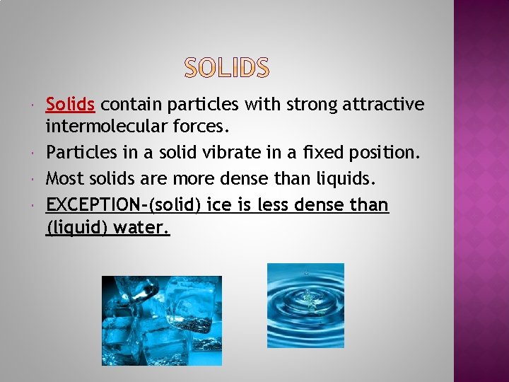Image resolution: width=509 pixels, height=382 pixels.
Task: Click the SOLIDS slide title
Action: pos(227,68)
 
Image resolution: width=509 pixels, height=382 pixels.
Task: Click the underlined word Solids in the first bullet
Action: pos(70,105)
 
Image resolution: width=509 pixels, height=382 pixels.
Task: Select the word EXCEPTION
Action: pos(93,205)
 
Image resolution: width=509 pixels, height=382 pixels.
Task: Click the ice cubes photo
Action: pos(162,320)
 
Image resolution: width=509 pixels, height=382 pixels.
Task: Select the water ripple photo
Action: pos(305,306)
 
